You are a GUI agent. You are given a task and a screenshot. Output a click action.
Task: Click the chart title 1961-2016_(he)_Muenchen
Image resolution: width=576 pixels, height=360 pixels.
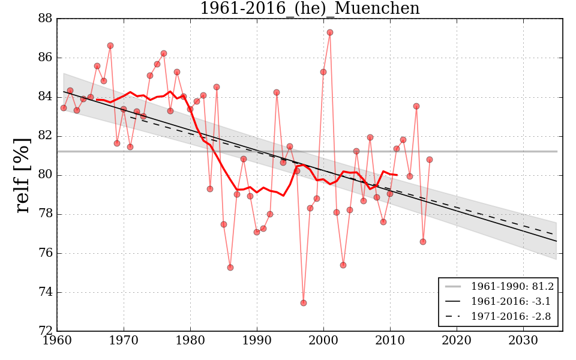310,8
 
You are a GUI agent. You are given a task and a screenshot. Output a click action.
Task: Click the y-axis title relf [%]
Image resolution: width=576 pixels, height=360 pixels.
23,175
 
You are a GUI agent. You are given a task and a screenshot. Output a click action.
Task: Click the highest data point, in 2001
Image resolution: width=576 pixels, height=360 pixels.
330,32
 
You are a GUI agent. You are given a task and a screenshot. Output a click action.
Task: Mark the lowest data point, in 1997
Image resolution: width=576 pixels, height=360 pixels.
304,303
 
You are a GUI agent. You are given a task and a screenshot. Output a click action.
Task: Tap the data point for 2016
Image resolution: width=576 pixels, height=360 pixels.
430,160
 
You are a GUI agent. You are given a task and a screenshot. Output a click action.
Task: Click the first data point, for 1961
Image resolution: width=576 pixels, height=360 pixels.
64,108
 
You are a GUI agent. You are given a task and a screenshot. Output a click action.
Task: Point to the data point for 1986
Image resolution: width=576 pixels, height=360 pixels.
230,268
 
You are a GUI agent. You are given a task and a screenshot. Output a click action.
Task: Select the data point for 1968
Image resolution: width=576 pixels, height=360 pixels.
110,46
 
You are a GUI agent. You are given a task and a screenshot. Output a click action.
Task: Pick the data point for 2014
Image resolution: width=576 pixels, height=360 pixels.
416,106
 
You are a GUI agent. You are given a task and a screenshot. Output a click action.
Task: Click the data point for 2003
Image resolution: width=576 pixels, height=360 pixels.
343,265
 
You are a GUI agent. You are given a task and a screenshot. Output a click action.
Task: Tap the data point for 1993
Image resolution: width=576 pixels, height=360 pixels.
277,92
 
